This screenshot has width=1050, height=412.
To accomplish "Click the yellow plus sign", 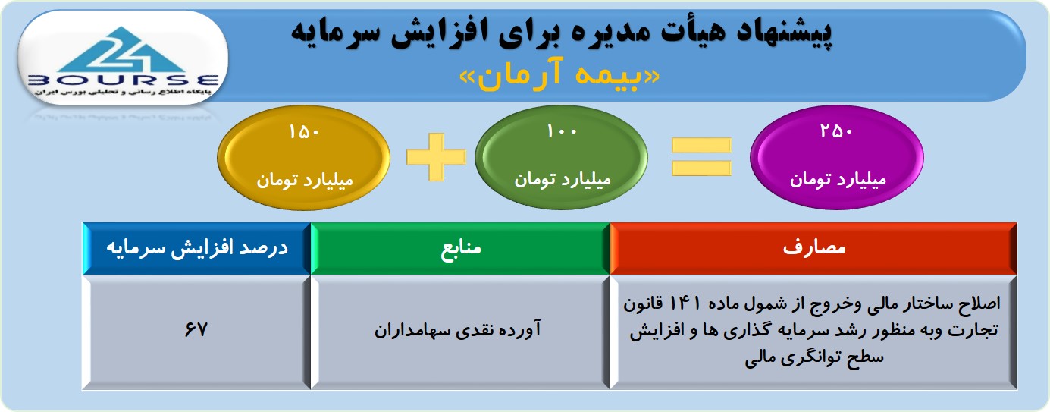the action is [x=436, y=157].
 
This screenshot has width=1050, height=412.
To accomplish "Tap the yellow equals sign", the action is [x=701, y=157].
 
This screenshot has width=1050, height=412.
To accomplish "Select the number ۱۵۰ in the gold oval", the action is [x=304, y=132].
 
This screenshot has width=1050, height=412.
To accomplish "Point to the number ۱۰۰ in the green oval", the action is [x=562, y=131].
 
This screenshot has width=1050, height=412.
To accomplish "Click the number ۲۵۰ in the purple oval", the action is [x=836, y=131].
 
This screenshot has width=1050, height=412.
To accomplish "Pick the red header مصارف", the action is [x=813, y=248].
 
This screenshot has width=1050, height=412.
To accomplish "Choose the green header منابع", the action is [x=460, y=248].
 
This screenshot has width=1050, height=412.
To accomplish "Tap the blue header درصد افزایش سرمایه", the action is [x=197, y=248].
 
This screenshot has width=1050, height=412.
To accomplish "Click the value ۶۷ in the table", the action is [x=196, y=329].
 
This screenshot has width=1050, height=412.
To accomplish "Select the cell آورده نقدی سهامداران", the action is [x=457, y=329].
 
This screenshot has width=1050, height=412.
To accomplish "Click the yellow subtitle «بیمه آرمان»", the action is [x=559, y=75].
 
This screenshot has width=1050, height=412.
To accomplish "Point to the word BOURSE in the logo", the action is [x=123, y=80].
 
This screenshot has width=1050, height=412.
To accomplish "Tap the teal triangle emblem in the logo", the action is [x=123, y=50].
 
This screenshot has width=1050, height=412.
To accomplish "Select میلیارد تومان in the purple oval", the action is [x=838, y=180].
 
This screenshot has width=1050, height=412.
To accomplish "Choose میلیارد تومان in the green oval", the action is [x=563, y=180].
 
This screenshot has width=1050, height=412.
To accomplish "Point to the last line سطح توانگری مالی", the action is [x=813, y=358].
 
